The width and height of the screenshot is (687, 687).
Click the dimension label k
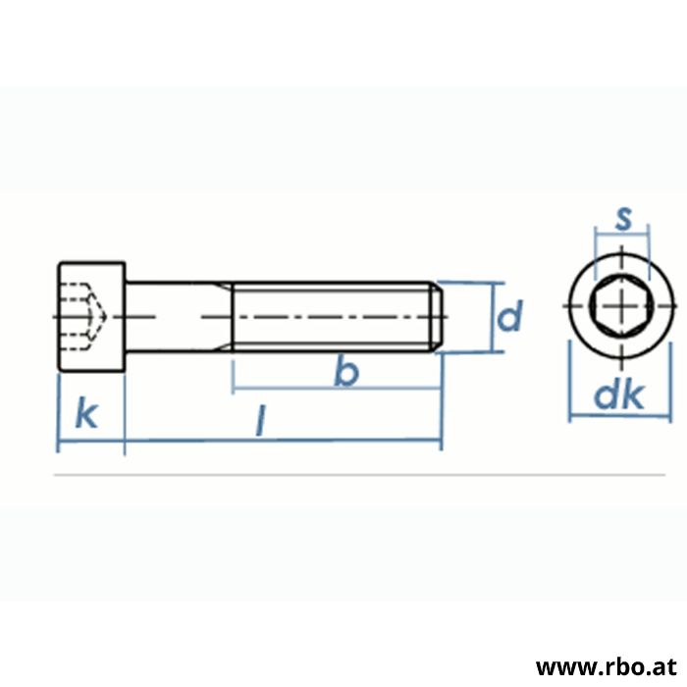[87, 415]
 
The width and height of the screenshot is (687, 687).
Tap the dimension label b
[344, 372]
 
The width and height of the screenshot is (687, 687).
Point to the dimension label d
[508, 317]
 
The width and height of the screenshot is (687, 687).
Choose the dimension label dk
[620, 396]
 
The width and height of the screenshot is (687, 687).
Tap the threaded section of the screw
[334, 316]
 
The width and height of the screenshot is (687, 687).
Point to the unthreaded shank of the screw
[177, 316]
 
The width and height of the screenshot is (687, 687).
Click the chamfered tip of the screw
[439, 316]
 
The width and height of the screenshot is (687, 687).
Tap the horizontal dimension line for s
[622, 236]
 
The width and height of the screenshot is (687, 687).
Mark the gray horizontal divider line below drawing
[343, 476]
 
